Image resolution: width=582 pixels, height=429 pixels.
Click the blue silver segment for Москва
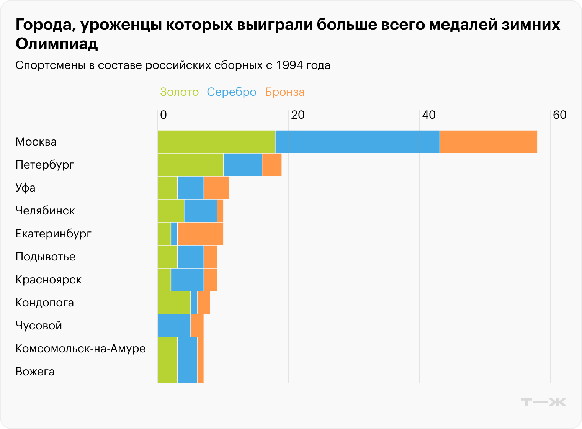(x=357, y=142)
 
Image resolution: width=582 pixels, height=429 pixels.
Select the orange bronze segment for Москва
(x=488, y=142)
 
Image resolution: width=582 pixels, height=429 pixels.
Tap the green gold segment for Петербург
(x=191, y=165)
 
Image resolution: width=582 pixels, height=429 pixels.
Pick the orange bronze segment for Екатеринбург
(x=200, y=234)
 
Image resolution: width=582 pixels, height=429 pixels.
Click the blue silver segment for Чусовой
(x=174, y=326)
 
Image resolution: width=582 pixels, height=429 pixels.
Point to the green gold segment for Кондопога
(x=174, y=303)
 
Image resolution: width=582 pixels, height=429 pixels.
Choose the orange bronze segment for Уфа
(x=216, y=188)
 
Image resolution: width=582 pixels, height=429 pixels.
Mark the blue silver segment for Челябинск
(x=200, y=211)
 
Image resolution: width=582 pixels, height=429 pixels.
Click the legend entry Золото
(x=179, y=92)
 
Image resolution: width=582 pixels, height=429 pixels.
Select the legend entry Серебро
(x=232, y=92)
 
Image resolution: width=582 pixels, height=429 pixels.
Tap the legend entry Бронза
(x=285, y=92)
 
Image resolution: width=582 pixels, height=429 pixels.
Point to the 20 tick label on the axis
(x=298, y=115)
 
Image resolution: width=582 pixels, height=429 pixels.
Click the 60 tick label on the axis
(x=559, y=115)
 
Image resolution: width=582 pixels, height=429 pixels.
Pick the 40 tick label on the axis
(x=428, y=115)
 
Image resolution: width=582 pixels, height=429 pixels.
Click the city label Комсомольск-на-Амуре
(x=80, y=349)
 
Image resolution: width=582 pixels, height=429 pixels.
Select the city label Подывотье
(x=46, y=257)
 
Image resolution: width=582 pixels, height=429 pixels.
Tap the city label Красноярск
(x=49, y=280)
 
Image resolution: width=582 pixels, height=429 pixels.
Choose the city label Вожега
(x=35, y=372)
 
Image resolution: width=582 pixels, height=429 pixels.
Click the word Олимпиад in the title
(x=57, y=44)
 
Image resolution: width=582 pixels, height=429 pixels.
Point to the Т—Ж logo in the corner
(x=543, y=402)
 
